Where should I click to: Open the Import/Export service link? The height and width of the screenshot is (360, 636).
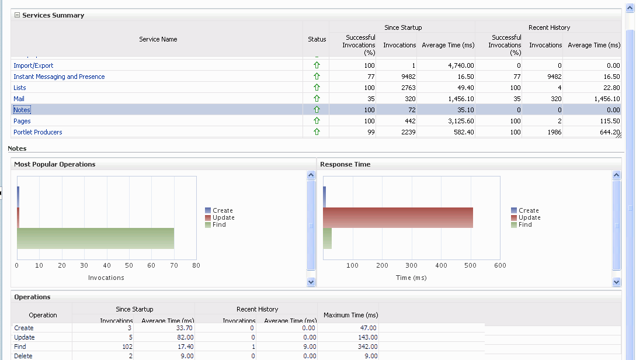33,65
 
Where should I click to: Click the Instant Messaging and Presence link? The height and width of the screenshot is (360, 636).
59,77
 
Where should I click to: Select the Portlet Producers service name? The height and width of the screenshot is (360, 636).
38,132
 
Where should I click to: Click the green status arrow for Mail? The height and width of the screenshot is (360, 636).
317,99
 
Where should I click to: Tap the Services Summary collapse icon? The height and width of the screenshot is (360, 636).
17,15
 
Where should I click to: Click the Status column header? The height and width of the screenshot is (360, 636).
317,39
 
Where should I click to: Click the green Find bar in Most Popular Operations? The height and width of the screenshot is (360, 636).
96,238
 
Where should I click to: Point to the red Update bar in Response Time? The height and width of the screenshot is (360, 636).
398,217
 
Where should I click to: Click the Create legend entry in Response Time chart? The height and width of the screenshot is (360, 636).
528,210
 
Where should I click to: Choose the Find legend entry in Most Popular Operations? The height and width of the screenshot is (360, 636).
219,224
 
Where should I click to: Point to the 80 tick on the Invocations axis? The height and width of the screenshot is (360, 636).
196,265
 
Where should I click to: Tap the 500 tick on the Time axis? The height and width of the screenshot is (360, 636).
471,265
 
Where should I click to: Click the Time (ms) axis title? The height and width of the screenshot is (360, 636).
411,278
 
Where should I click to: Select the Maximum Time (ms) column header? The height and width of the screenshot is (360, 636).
350,315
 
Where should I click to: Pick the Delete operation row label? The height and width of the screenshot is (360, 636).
23,356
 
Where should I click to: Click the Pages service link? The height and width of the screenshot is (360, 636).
22,121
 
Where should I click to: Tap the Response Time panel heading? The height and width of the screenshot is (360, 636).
345,164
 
